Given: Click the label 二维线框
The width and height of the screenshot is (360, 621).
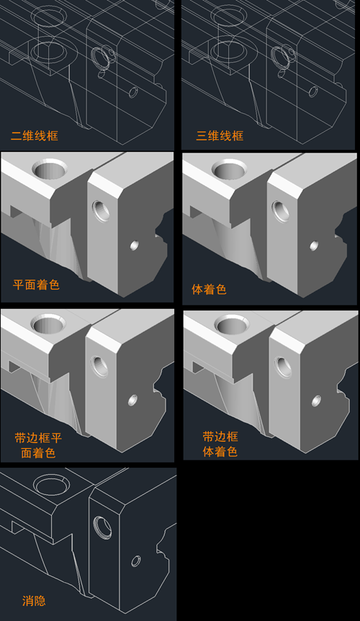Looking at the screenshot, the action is pyautogui.click(x=35, y=136).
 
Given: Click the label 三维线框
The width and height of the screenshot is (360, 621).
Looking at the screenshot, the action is pyautogui.click(x=220, y=136).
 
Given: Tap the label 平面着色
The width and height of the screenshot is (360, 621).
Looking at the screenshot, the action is pyautogui.click(x=36, y=285).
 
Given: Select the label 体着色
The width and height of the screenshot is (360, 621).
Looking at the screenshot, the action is pyautogui.click(x=209, y=289).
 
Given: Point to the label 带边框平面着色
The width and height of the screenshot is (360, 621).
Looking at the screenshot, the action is pyautogui.click(x=38, y=445).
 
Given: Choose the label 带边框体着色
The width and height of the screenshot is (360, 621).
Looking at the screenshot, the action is pyautogui.click(x=220, y=444).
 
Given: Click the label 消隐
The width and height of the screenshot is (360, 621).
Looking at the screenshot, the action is pyautogui.click(x=34, y=601).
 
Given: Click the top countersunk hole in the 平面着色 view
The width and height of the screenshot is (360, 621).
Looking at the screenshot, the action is pyautogui.click(x=50, y=169).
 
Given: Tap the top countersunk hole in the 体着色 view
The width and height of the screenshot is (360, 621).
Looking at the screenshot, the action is pyautogui.click(x=230, y=169).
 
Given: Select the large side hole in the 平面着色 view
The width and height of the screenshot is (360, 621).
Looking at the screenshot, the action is pyautogui.click(x=101, y=211).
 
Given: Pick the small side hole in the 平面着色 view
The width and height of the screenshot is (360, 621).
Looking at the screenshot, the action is pyautogui.click(x=134, y=246).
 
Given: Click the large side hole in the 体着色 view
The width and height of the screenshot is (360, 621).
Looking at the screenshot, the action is pyautogui.click(x=281, y=211).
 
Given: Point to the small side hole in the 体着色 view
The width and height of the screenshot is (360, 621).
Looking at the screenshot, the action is pyautogui.click(x=314, y=246).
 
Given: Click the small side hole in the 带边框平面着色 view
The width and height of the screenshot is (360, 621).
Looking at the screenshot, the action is pyautogui.click(x=133, y=400).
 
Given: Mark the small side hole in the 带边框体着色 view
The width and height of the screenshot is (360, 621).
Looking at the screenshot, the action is pyautogui.click(x=316, y=401).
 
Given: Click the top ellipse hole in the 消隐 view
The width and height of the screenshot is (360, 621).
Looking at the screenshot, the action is pyautogui.click(x=51, y=485).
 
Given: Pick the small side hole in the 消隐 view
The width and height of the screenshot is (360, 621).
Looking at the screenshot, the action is pyautogui.click(x=135, y=561).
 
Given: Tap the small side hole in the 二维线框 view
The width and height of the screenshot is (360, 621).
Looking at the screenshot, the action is pyautogui.click(x=134, y=92).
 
